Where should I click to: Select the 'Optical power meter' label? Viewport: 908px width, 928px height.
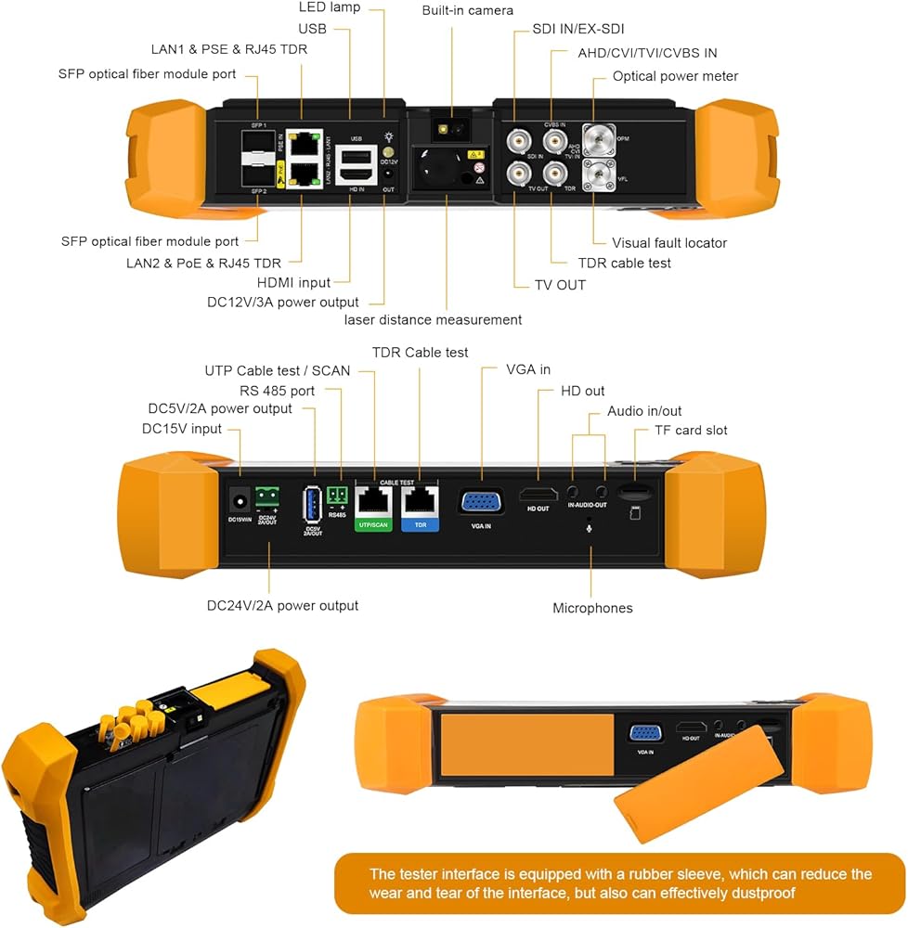675,76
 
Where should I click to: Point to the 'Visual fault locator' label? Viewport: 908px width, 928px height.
669,242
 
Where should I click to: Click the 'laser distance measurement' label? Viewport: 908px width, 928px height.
433,319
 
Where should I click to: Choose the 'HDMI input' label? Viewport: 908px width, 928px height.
294,282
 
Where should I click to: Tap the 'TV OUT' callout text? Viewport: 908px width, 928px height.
560,285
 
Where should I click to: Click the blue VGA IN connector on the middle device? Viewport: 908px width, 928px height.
481,502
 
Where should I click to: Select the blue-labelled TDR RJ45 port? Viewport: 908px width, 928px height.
421,501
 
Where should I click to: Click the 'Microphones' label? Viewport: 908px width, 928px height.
592,608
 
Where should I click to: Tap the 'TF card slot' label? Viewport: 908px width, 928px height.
678,430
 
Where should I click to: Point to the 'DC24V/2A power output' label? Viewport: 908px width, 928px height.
282,605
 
